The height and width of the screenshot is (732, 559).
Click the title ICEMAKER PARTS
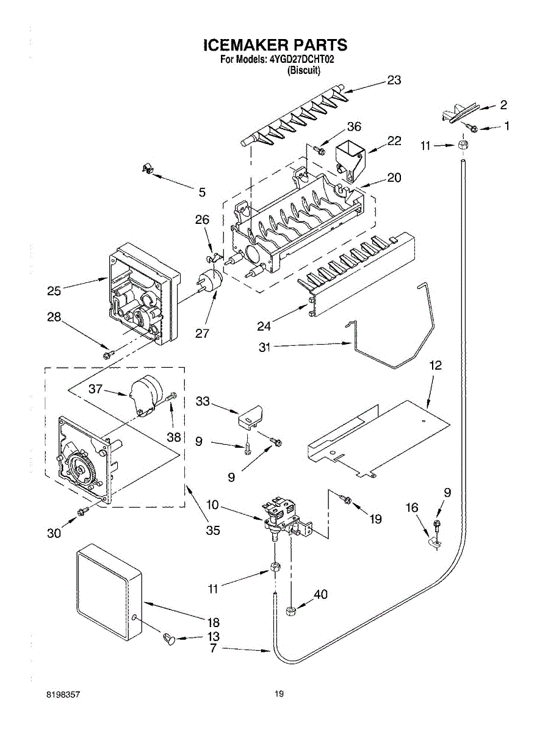click(275, 45)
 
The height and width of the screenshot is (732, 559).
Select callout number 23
click(394, 81)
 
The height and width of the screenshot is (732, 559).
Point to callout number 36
click(354, 127)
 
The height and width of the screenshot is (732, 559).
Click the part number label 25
click(54, 291)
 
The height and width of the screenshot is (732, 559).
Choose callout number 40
click(320, 595)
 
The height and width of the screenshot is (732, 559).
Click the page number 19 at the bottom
click(279, 694)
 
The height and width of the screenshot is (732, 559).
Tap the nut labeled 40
click(291, 611)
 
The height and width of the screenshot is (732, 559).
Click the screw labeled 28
click(107, 354)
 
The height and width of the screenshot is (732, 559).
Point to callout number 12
click(435, 365)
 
